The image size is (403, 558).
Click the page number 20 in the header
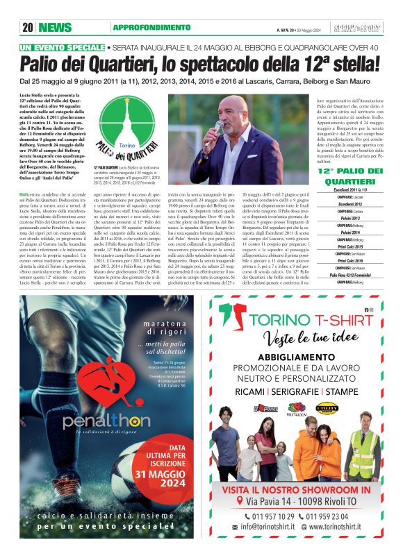[28, 28]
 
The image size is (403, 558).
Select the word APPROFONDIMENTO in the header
[151, 28]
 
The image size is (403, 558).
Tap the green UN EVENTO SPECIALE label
[63, 47]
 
